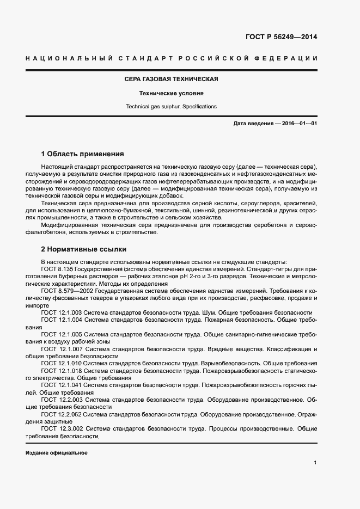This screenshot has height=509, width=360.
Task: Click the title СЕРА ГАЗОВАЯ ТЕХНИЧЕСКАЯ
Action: pyautogui.click(x=171, y=79)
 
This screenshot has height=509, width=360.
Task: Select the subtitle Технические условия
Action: pyautogui.click(x=171, y=93)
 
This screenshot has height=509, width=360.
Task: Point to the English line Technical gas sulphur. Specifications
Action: pyautogui.click(x=171, y=107)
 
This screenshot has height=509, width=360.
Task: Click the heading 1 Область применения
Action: pyautogui.click(x=82, y=154)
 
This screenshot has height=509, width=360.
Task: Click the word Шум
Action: pyautogui.click(x=213, y=313)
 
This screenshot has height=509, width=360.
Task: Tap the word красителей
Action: pyautogui.click(x=300, y=203)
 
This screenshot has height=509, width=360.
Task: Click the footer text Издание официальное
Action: pyautogui.click(x=57, y=453)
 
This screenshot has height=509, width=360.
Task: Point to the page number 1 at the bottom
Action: pyautogui.click(x=315, y=463)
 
